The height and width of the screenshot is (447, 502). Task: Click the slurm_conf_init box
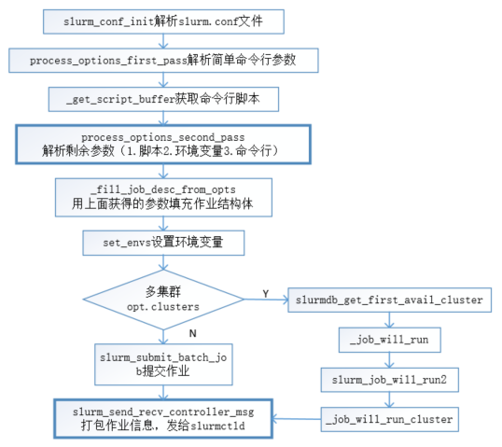[x=163, y=21]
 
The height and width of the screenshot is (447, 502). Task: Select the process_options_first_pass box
[x=163, y=60]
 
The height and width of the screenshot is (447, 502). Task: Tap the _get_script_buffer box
[x=163, y=98]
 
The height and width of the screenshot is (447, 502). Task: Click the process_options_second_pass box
[x=163, y=143]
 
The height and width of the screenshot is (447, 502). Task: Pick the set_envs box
[x=163, y=244]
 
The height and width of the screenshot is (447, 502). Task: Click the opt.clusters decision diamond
[x=163, y=298]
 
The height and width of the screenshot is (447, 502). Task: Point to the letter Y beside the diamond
[x=265, y=292]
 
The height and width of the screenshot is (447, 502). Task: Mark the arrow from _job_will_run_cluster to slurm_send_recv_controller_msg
[x=297, y=419]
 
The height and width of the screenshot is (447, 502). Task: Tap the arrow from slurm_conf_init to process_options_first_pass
[x=163, y=40]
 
